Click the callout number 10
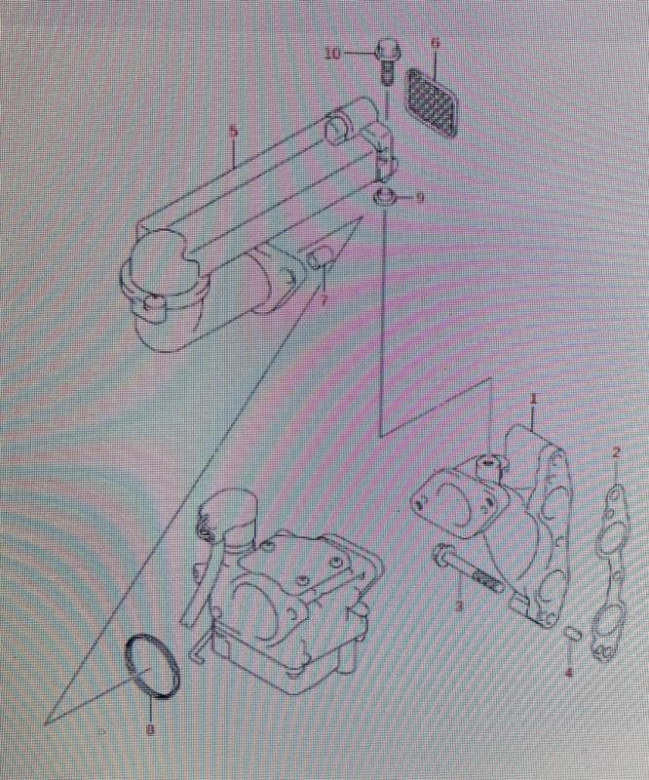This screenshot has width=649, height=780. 333,54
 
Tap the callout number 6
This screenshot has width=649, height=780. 436,43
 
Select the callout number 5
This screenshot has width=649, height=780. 233,132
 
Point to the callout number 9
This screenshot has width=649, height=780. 420,198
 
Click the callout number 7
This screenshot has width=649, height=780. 324,300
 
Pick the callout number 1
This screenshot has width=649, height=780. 533,399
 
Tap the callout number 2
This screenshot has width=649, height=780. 616,452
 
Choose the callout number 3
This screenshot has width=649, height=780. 459,605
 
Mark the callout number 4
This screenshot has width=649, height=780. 569,673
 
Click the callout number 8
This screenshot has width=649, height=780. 150,730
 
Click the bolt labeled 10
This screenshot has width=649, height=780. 386,62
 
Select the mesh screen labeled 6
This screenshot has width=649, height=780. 432,101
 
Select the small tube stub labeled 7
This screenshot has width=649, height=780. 318,258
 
